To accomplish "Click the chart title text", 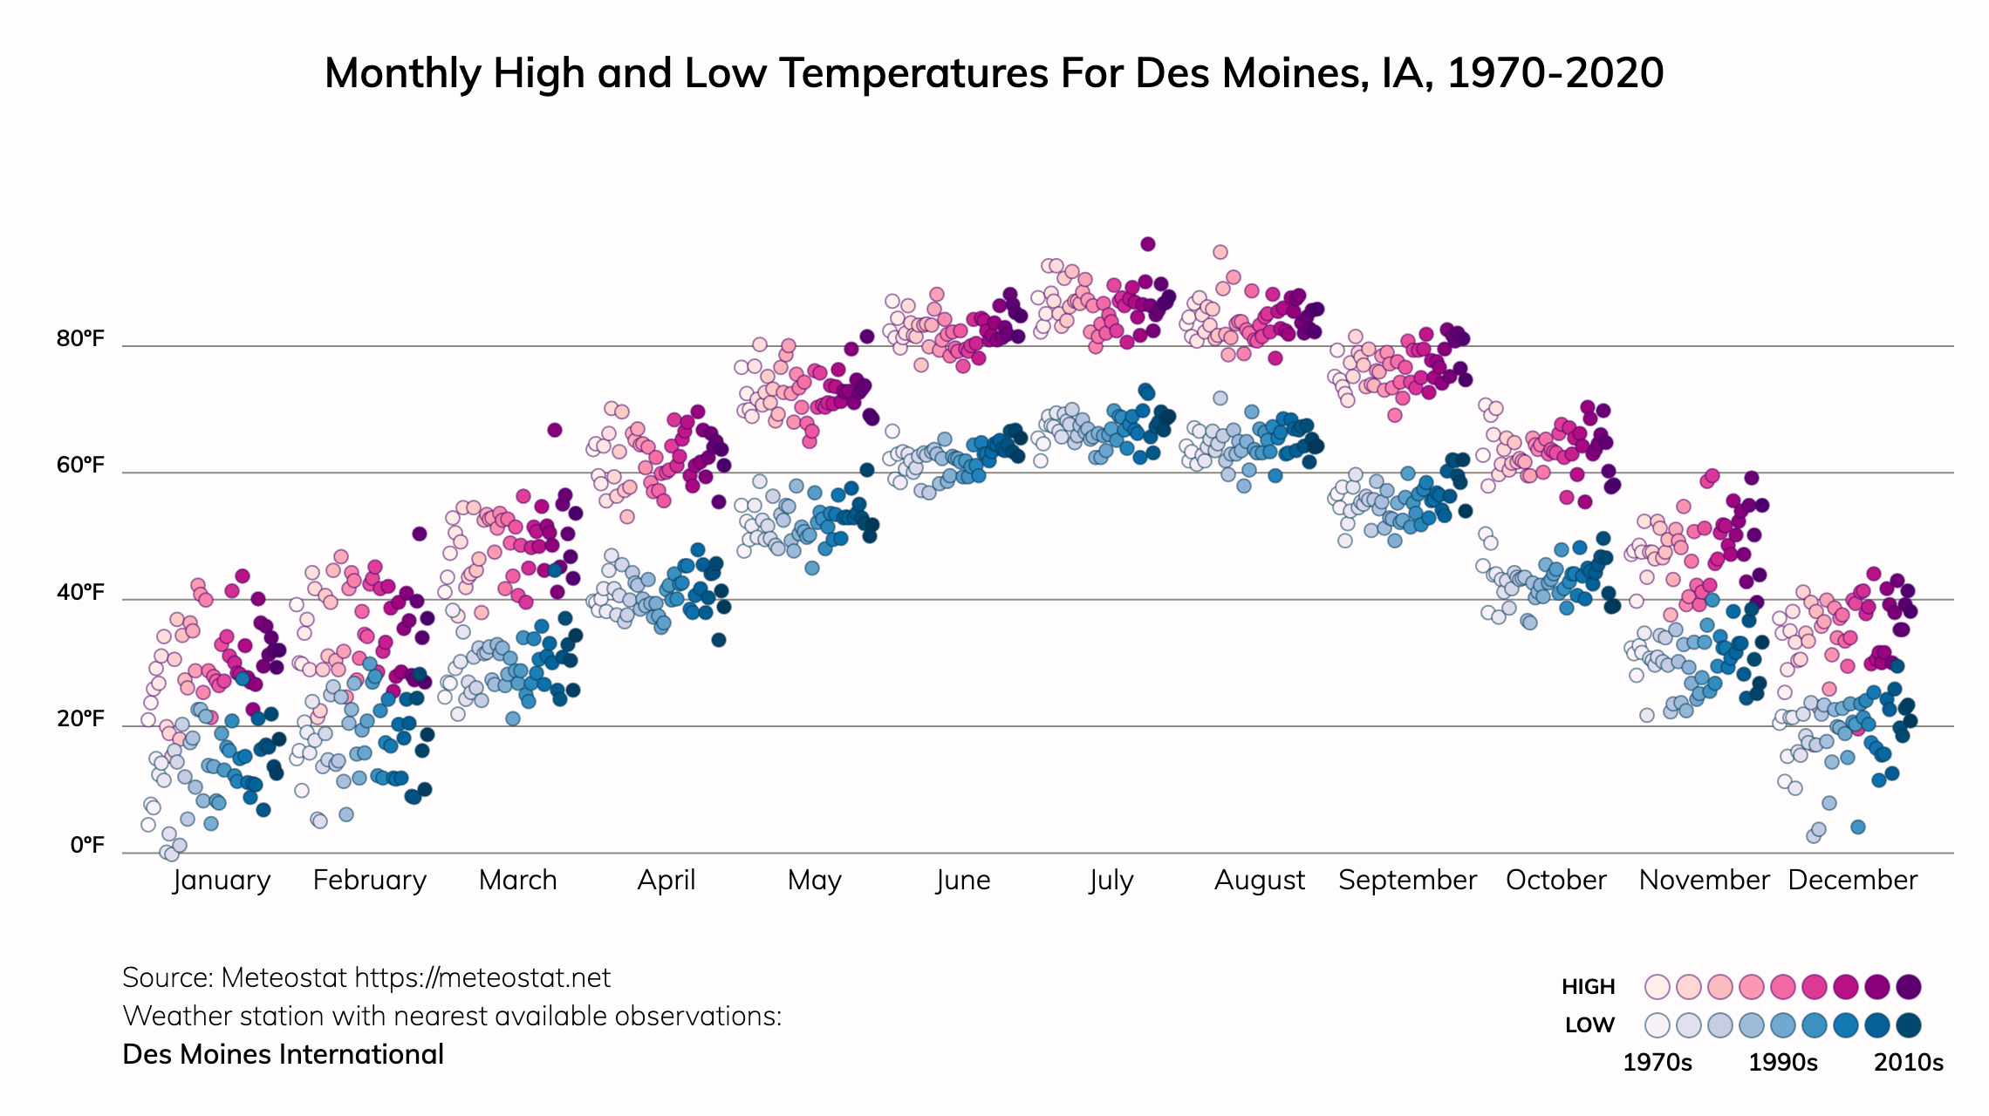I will click(994, 73).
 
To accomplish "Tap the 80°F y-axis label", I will click(80, 338).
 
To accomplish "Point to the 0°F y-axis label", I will click(86, 845).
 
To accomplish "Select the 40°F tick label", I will click(80, 592).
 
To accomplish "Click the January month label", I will click(222, 880).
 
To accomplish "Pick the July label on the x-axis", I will click(1111, 880).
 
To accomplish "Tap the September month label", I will click(1407, 880).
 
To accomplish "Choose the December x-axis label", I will click(1852, 880).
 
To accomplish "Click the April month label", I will click(666, 880).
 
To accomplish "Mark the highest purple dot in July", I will click(1148, 244).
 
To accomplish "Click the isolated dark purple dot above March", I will click(555, 430).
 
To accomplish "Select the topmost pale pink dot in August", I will click(1220, 252).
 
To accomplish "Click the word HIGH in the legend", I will click(1588, 987).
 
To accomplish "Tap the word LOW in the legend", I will click(1589, 1025).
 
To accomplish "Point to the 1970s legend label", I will click(1657, 1063).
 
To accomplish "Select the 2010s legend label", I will click(1909, 1063).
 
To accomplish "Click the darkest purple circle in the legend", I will click(1909, 987).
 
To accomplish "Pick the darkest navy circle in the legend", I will click(1909, 1025).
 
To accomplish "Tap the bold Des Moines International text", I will click(284, 1055).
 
